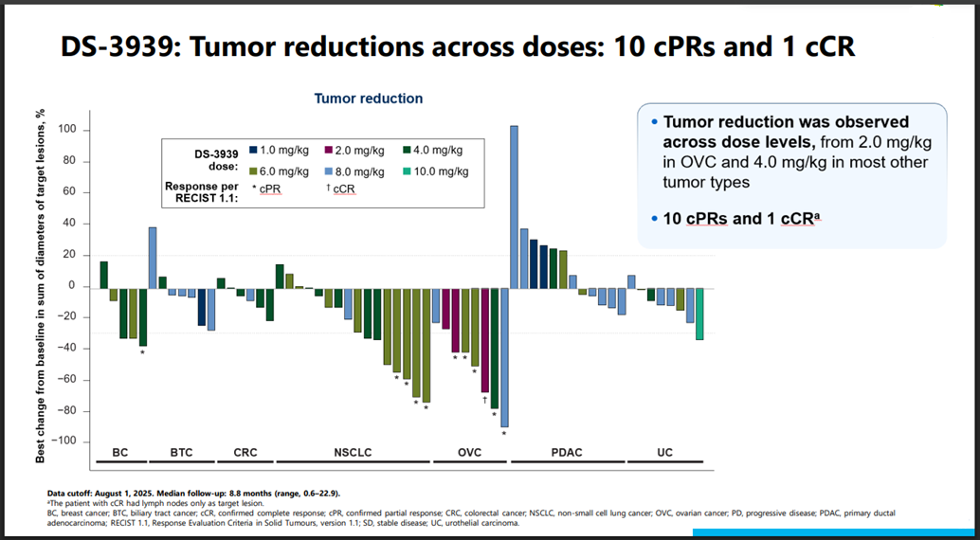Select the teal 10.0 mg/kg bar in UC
tap(699, 313)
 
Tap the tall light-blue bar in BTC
tap(153, 257)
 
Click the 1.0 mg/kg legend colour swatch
tap(254, 150)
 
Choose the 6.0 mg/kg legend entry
tap(280, 171)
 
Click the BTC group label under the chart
tap(181, 453)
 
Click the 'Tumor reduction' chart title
tap(369, 99)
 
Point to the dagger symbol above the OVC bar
tap(484, 400)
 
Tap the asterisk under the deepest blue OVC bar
tap(504, 435)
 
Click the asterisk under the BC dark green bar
tap(142, 353)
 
